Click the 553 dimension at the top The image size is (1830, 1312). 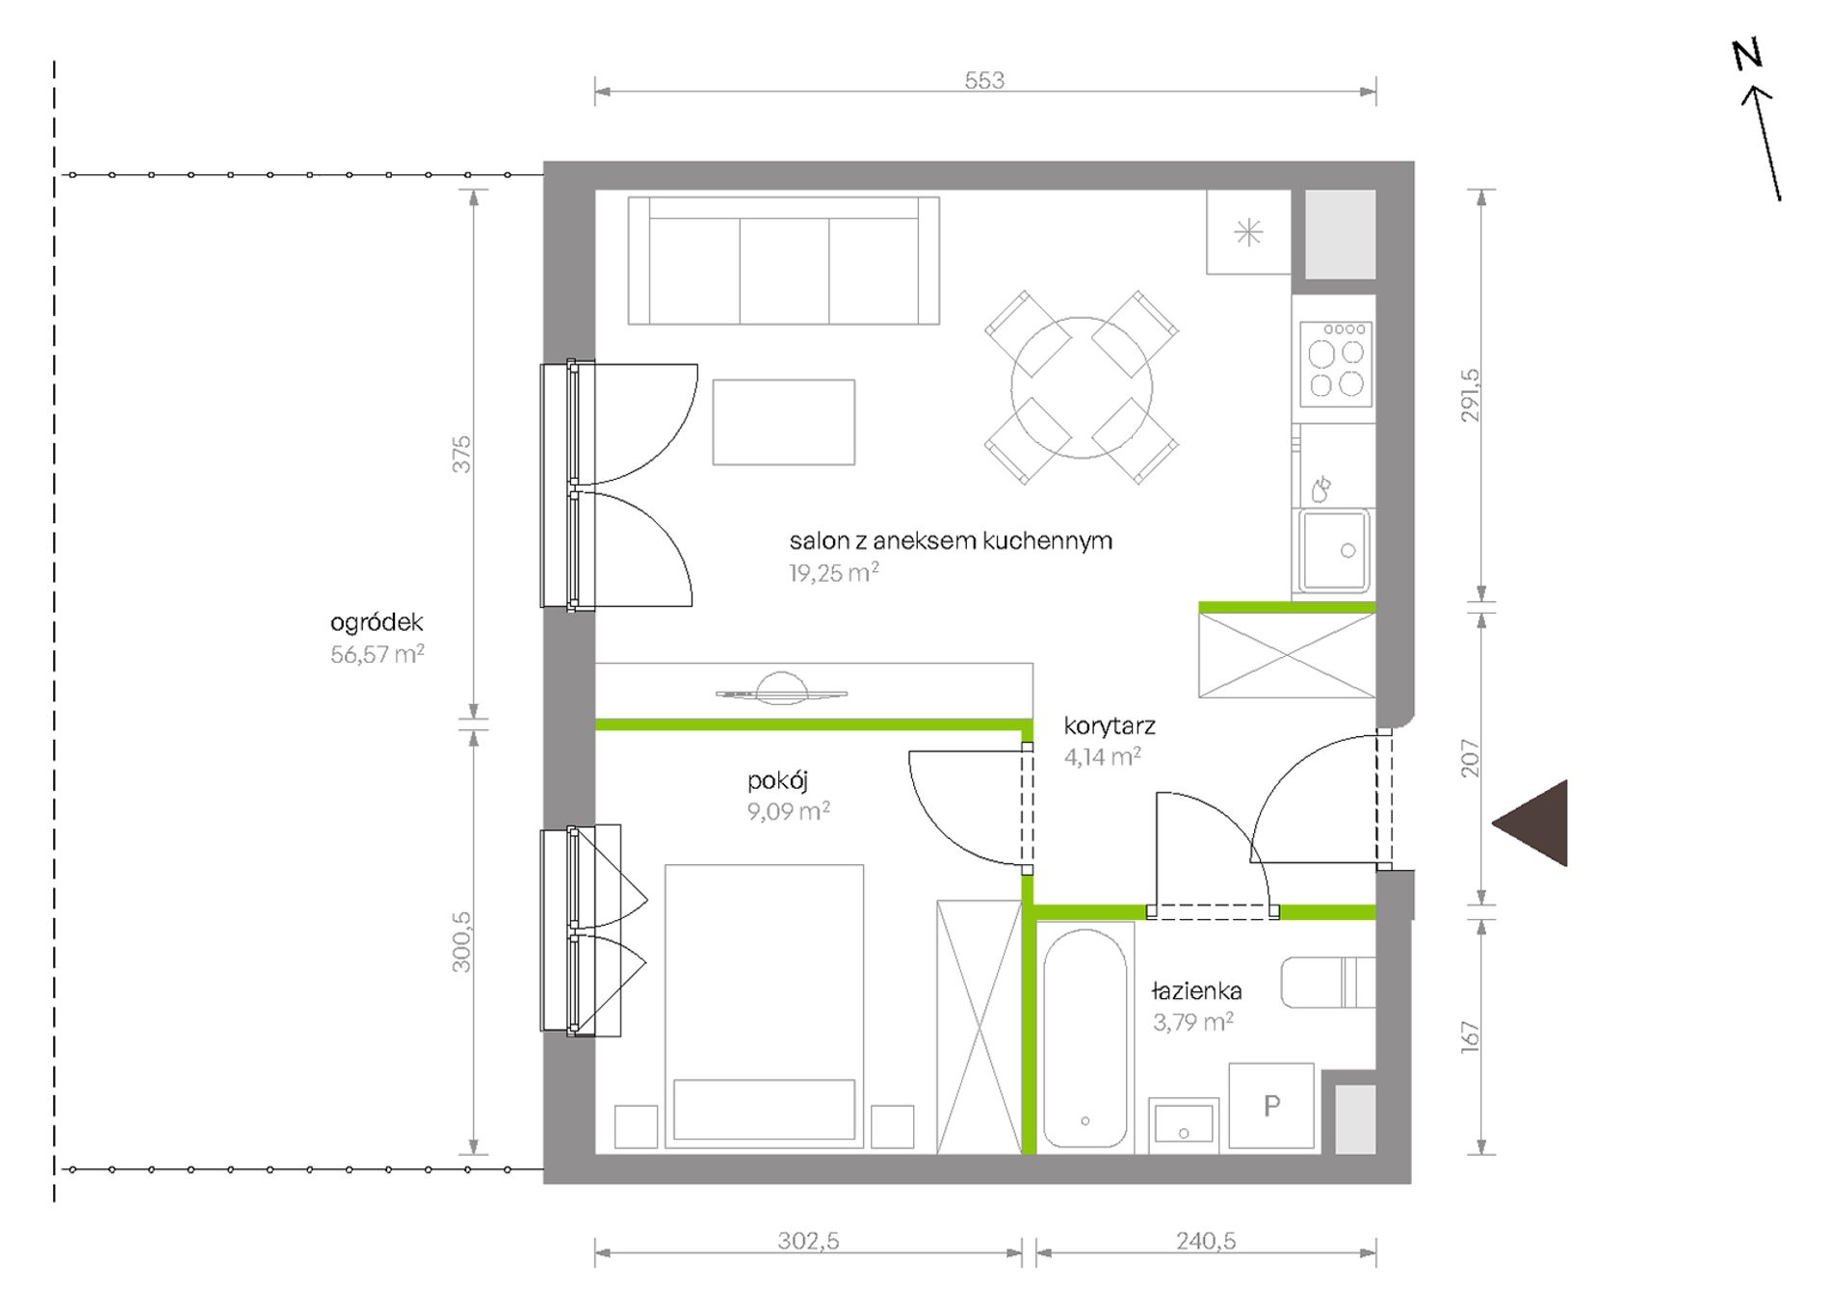[984, 80]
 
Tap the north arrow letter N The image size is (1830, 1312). [1747, 54]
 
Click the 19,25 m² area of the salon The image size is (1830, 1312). [833, 573]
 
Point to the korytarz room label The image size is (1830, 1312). [1110, 725]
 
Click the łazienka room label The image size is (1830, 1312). [1196, 990]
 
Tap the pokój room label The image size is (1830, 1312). [777, 780]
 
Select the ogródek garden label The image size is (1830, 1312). [377, 622]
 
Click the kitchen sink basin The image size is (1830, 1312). [1333, 551]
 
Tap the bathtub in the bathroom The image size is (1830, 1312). [1085, 1038]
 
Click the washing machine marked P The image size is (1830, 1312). [1271, 1106]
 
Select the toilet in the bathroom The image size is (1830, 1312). [1327, 983]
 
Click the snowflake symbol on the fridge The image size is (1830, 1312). [1248, 232]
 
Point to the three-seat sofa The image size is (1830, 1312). [783, 260]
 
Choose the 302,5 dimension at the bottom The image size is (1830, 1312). [808, 1241]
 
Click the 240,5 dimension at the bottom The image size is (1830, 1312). [1206, 1241]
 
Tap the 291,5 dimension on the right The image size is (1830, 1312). [1470, 395]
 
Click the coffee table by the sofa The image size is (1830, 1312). [783, 422]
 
